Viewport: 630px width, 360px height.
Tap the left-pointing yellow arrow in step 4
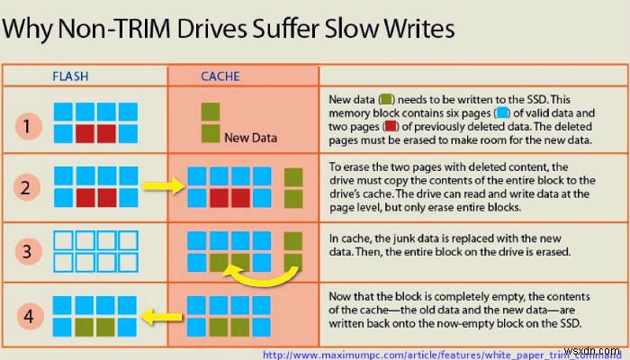161,316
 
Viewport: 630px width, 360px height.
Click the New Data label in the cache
250,138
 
